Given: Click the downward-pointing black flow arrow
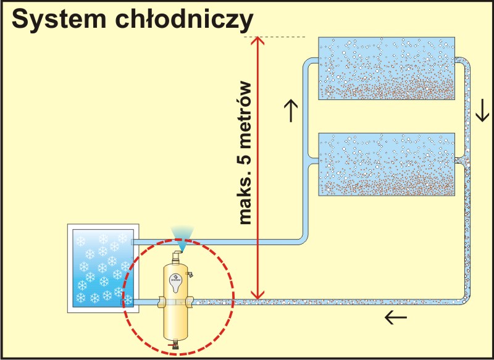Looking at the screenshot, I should pos(482,111).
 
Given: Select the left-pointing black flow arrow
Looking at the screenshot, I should pos(396,318).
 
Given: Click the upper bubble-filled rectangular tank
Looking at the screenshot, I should pos(386,68).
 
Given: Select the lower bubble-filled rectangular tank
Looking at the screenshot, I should pos(386,164).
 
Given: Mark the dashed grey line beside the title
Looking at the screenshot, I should pos(281,37).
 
